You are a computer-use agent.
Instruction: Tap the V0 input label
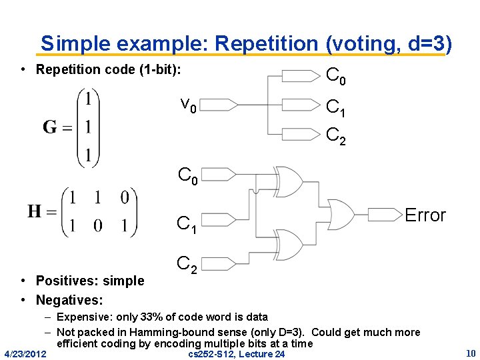[x=188, y=105]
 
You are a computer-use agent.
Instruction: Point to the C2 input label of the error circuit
[x=186, y=265]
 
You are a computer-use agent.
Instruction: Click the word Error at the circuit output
[x=425, y=215]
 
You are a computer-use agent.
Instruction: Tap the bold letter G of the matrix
[x=50, y=127]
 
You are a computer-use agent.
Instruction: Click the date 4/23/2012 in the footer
[x=25, y=353]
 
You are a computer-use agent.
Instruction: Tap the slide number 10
[x=470, y=352]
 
